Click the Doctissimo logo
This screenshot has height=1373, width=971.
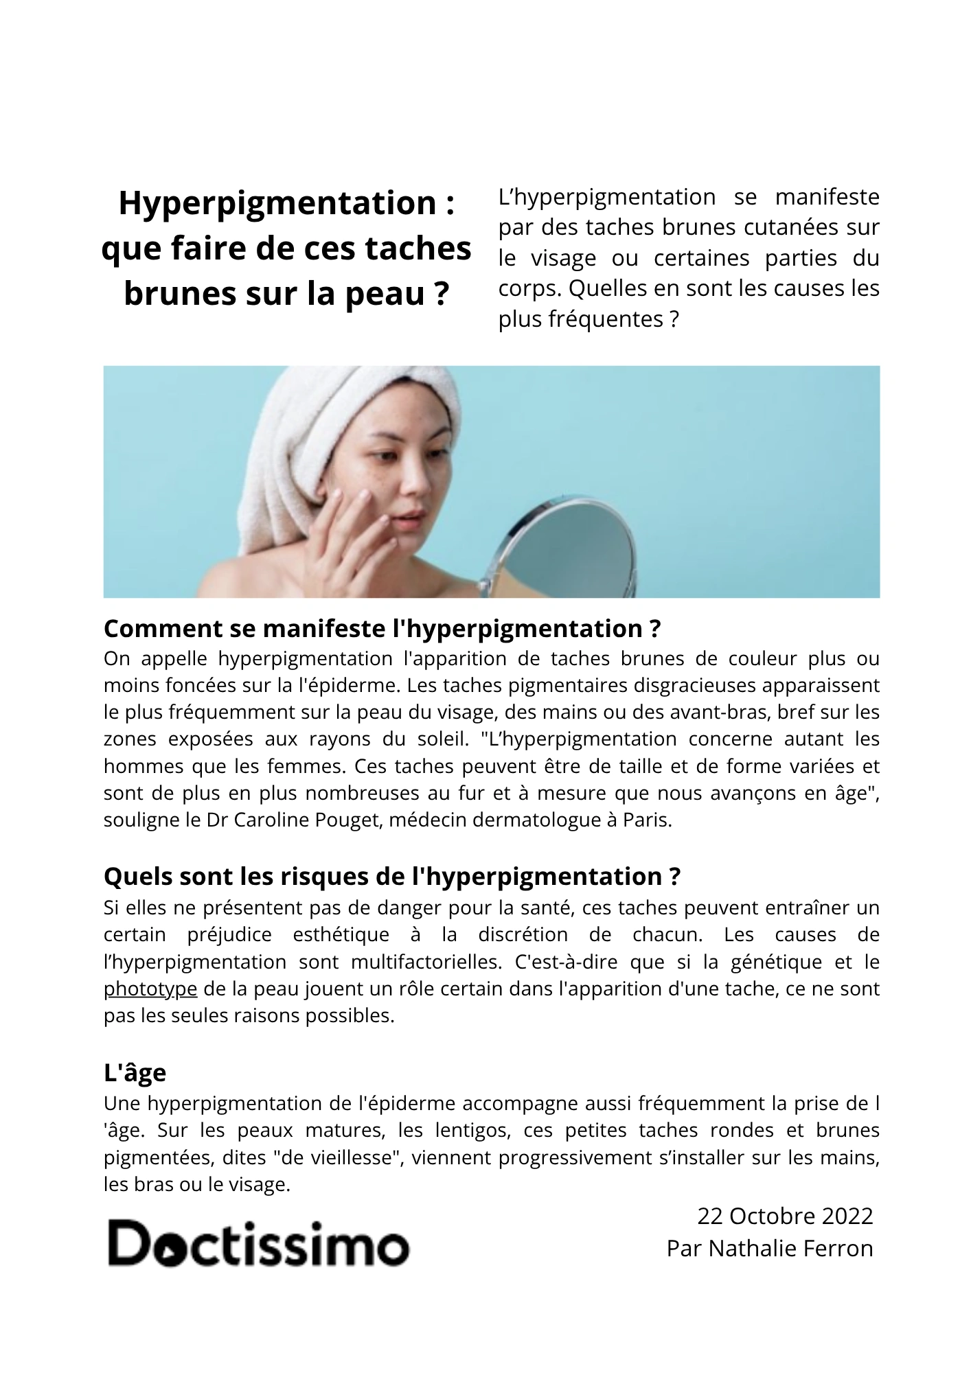tap(258, 1244)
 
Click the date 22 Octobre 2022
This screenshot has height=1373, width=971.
tap(784, 1216)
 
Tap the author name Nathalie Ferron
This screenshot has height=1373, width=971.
tap(790, 1248)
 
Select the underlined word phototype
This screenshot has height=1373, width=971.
tap(150, 989)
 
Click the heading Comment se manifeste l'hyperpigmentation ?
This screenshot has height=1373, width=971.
tap(382, 628)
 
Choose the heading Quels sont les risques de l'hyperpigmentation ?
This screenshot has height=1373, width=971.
tap(391, 877)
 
